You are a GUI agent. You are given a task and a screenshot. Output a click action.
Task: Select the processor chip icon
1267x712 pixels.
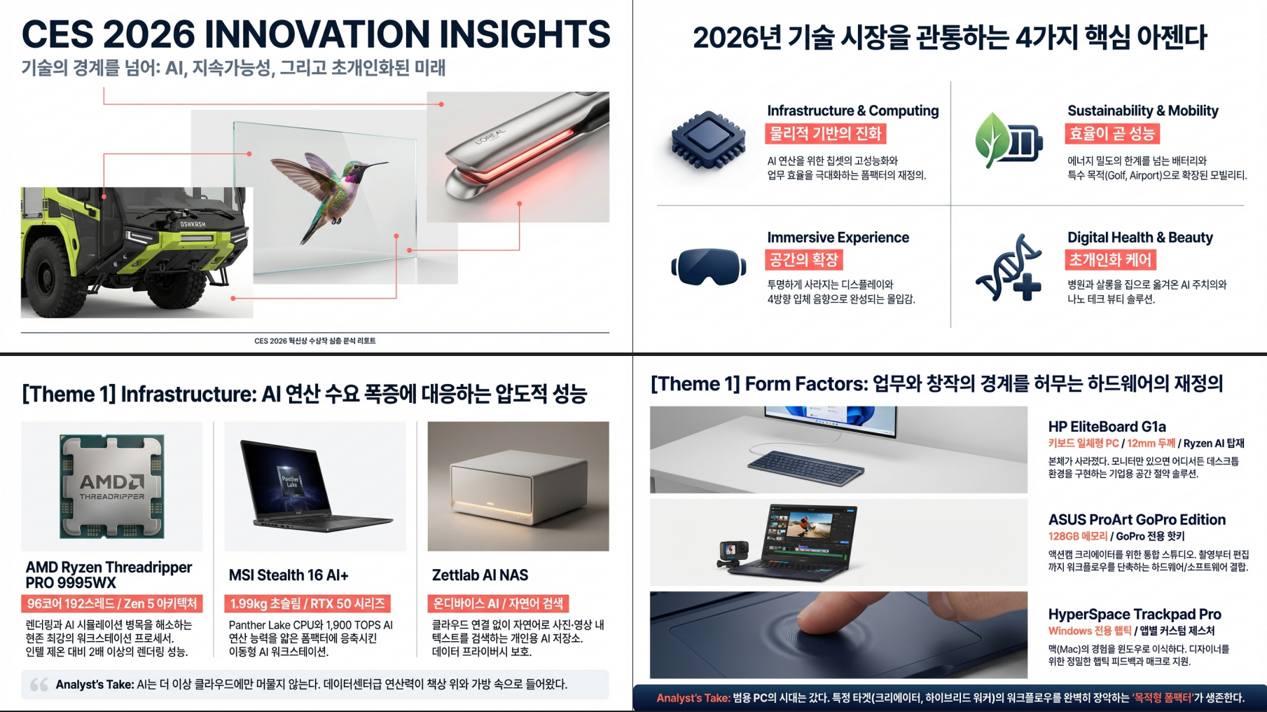(x=707, y=141)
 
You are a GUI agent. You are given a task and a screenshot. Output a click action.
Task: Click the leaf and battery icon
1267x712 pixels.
(x=1009, y=140)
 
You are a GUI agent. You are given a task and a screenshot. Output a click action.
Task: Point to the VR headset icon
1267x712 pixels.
(x=708, y=267)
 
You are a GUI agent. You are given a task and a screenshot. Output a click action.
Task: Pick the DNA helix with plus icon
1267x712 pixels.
(x=1009, y=268)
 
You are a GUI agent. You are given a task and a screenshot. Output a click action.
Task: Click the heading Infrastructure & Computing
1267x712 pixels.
(x=852, y=111)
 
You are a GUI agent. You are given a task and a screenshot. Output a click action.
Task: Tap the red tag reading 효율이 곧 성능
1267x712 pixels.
(x=1112, y=134)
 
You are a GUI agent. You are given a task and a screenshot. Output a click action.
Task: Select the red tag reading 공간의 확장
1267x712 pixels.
(x=803, y=260)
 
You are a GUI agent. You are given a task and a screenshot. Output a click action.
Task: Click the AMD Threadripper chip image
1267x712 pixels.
(x=112, y=486)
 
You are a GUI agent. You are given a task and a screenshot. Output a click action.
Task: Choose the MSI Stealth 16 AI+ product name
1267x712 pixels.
(x=289, y=575)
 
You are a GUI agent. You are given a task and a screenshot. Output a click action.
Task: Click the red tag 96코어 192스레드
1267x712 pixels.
(x=111, y=603)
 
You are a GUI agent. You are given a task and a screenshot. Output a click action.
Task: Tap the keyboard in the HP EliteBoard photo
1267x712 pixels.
(x=805, y=467)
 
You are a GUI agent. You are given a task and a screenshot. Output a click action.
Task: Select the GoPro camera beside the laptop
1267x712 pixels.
(x=733, y=553)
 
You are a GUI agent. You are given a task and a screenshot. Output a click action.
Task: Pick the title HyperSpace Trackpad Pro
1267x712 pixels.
(x=1135, y=615)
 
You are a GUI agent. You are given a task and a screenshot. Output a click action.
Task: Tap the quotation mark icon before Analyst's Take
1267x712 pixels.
(x=39, y=685)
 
